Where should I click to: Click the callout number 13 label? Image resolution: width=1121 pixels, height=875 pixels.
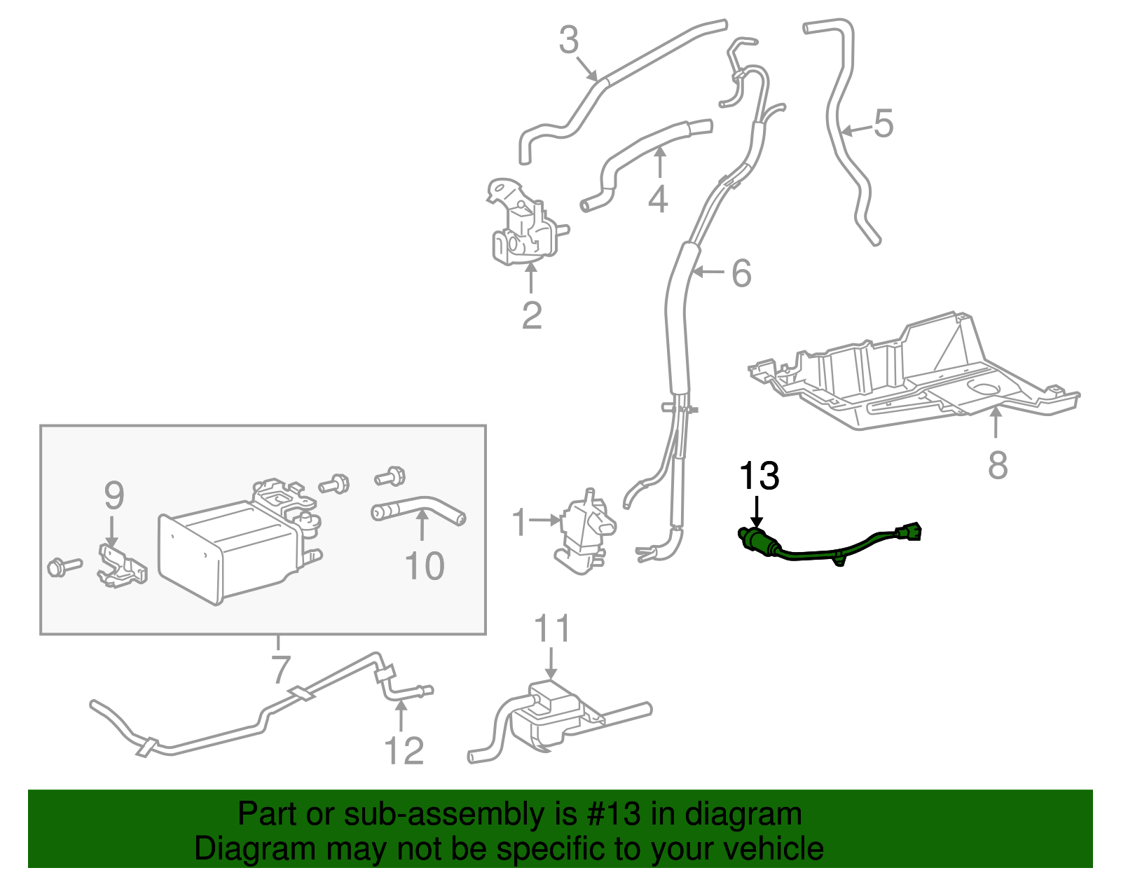pos(759,476)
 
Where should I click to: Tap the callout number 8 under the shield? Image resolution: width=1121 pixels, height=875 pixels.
pos(997,464)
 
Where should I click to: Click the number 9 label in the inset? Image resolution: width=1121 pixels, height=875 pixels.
pos(114,496)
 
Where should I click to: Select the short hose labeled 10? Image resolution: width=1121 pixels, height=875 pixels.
pos(419,507)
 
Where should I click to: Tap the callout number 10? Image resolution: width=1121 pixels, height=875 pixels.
pos(424,566)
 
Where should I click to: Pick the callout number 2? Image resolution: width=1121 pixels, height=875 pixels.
pos(532,316)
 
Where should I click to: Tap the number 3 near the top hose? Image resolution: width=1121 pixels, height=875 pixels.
pos(568,40)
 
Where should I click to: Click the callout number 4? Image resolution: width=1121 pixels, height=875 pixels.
pos(657,199)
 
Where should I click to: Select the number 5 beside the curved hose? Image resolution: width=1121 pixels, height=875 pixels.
pos(883,123)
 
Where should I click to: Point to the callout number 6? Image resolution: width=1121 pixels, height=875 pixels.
pos(741,273)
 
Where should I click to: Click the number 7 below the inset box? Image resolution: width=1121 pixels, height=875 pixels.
pos(280,669)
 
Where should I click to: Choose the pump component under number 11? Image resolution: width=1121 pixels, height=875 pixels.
pos(550,715)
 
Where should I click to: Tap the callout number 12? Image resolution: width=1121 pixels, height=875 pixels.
pos(404,751)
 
